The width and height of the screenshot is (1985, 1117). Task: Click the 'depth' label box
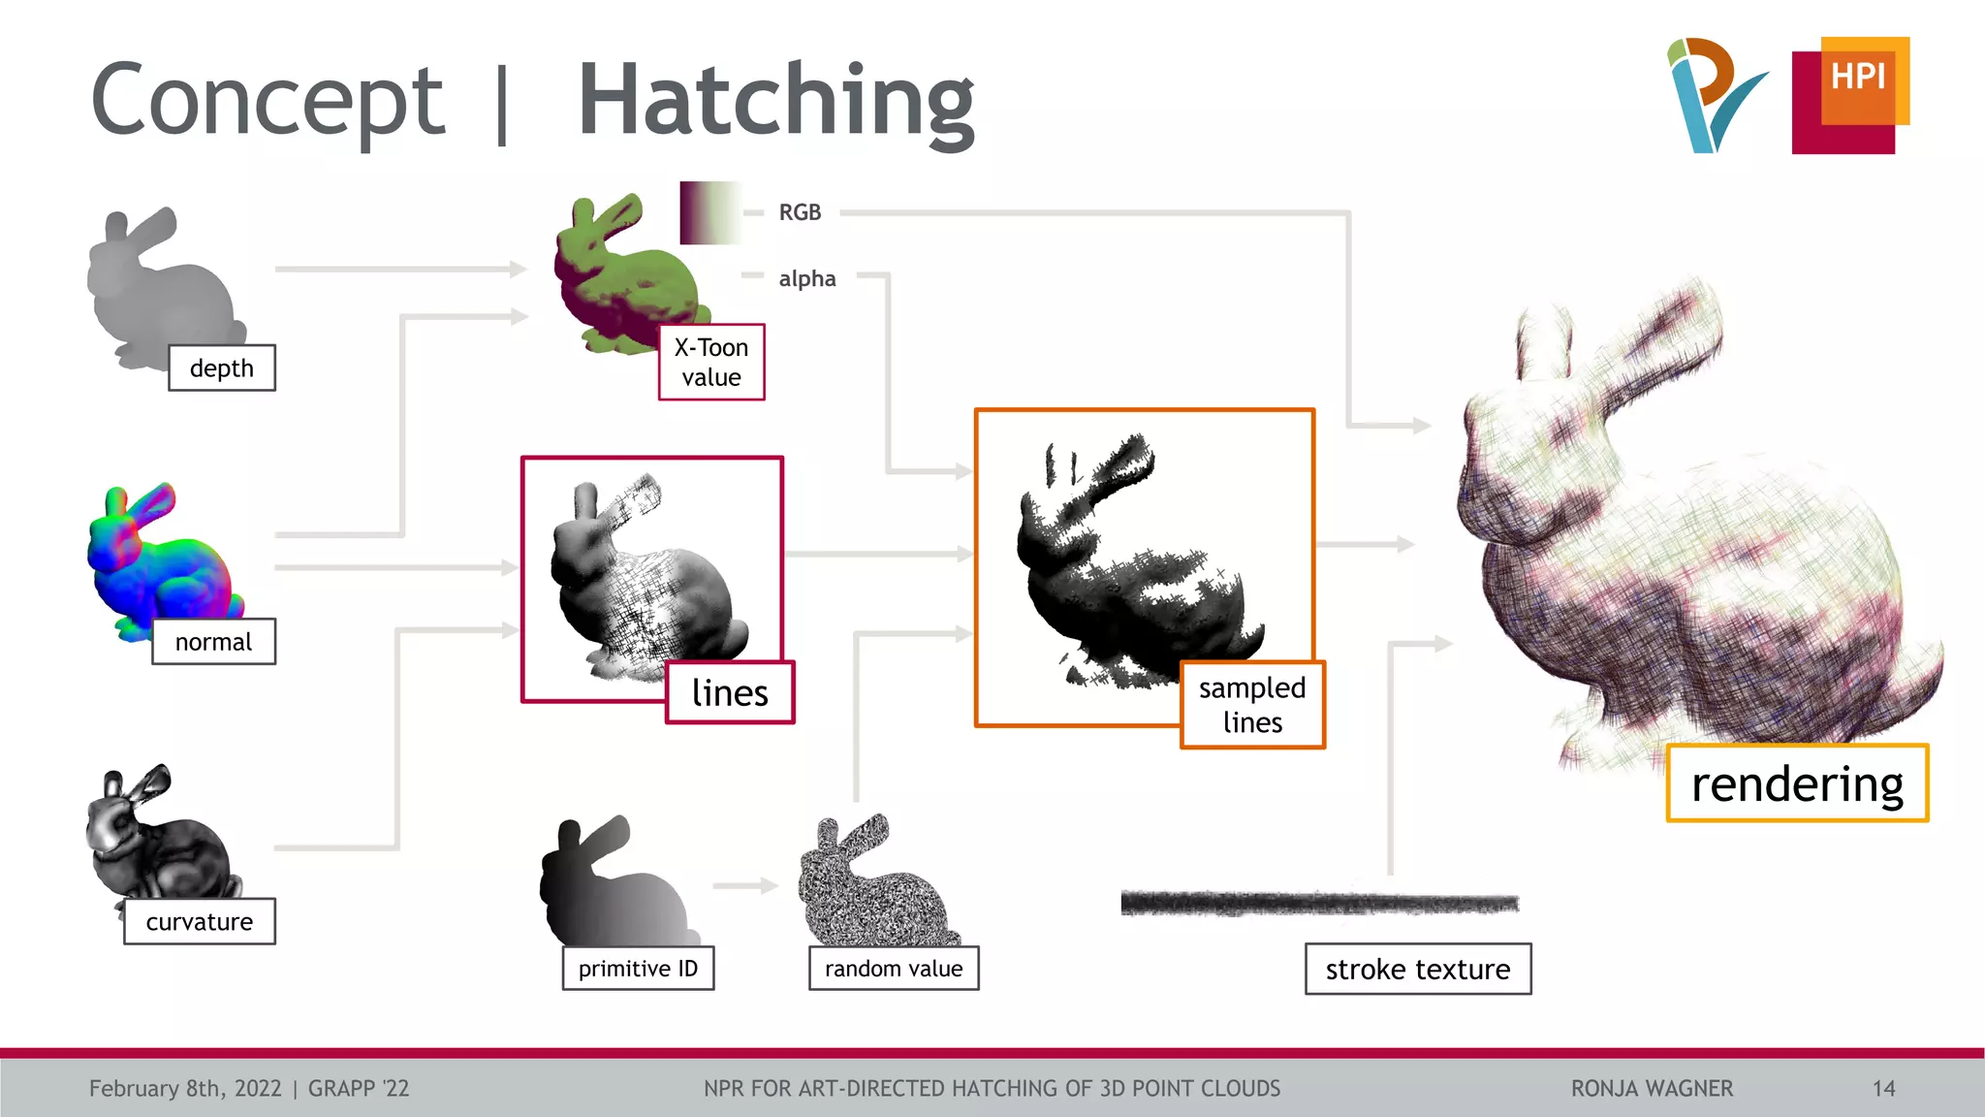pyautogui.click(x=222, y=368)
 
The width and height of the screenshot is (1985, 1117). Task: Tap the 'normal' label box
pyautogui.click(x=213, y=642)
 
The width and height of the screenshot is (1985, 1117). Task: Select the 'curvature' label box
pyautogui.click(x=200, y=921)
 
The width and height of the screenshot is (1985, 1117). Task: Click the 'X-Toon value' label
pyautogui.click(x=711, y=362)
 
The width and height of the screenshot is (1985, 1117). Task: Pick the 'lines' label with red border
pyautogui.click(x=730, y=692)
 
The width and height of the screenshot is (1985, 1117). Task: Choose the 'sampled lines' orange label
pyautogui.click(x=1252, y=705)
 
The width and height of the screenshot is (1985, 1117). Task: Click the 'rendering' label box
pyautogui.click(x=1797, y=783)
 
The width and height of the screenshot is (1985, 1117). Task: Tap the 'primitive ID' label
pyautogui.click(x=638, y=969)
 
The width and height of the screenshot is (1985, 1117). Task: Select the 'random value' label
pyautogui.click(x=894, y=969)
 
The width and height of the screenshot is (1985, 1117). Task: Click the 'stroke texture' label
pyautogui.click(x=1418, y=969)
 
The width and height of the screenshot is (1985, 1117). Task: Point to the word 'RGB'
pyautogui.click(x=800, y=212)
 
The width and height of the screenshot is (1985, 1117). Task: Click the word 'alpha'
pyautogui.click(x=806, y=279)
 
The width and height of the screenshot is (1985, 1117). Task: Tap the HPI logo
pyautogui.click(x=1850, y=95)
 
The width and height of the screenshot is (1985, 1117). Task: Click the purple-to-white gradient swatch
pyautogui.click(x=709, y=212)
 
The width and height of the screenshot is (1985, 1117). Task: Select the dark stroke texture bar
pyautogui.click(x=1319, y=904)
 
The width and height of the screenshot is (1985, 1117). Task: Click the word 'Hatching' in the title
pyautogui.click(x=775, y=101)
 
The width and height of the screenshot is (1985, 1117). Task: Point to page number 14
pyautogui.click(x=1883, y=1089)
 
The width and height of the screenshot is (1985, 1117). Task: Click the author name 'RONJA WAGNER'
pyautogui.click(x=1652, y=1089)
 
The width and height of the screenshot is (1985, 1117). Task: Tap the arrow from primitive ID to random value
pyautogui.click(x=745, y=885)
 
